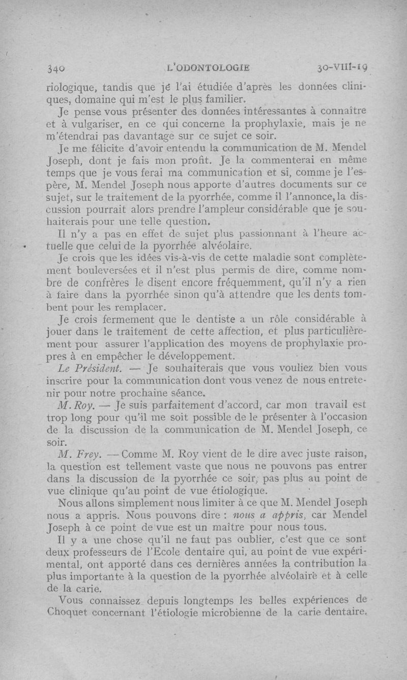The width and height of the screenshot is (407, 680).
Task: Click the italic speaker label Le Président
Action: [89, 368]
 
